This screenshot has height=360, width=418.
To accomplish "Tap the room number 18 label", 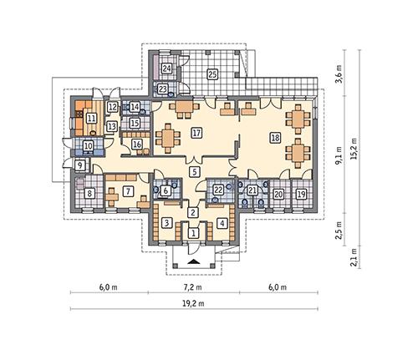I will [x=274, y=137].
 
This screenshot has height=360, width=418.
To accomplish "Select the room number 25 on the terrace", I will [x=212, y=74].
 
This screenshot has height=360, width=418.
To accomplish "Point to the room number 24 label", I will [x=166, y=68].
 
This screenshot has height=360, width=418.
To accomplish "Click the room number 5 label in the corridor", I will [x=194, y=171].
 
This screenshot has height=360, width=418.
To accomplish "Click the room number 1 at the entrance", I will [x=193, y=234].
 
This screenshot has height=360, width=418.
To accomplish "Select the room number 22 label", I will [x=218, y=190].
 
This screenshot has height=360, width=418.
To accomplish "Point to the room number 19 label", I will [x=301, y=194].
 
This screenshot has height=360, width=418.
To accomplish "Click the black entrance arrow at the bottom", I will [x=194, y=262].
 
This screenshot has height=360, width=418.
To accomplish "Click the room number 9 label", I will [x=80, y=166].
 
